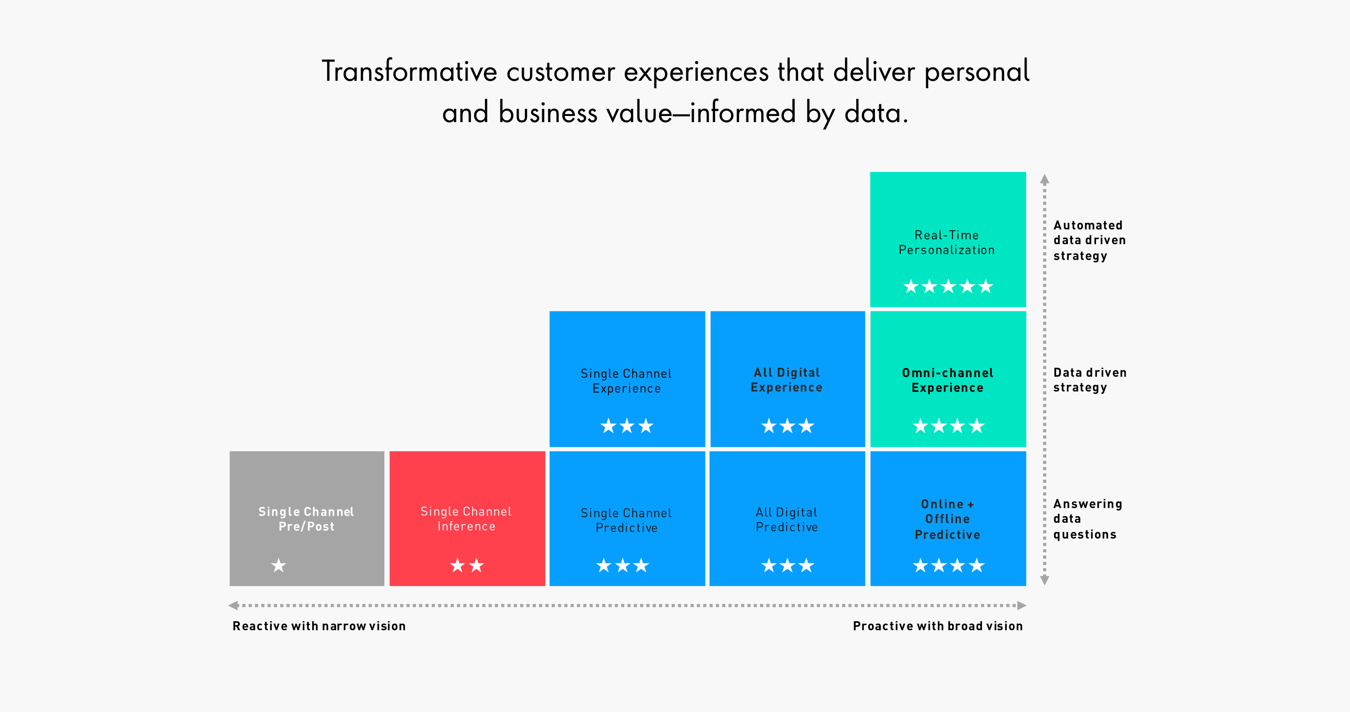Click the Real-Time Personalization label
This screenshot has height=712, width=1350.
(x=947, y=242)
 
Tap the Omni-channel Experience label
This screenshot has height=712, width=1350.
(x=948, y=380)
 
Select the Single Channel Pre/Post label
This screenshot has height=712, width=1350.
(x=306, y=519)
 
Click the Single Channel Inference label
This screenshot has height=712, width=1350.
(x=467, y=519)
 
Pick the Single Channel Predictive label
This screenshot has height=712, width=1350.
(x=626, y=520)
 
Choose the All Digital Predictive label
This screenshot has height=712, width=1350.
(x=787, y=519)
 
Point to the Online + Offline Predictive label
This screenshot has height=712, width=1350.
(x=948, y=519)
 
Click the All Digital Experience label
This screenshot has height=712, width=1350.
(x=787, y=379)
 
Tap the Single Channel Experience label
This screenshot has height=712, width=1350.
(x=626, y=380)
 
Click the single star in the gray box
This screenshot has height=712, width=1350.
(x=279, y=565)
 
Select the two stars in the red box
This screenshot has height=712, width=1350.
(x=467, y=565)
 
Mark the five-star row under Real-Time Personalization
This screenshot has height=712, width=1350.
(x=948, y=286)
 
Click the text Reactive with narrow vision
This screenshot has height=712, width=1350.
(x=319, y=626)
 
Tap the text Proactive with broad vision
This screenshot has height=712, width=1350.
(x=938, y=626)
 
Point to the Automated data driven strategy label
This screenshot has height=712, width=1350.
(x=1089, y=240)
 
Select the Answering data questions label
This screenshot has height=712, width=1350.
(x=1088, y=519)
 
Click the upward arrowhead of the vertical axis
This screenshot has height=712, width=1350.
(x=1044, y=179)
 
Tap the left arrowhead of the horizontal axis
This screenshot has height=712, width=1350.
(x=234, y=605)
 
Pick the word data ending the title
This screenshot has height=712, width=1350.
(x=876, y=112)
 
